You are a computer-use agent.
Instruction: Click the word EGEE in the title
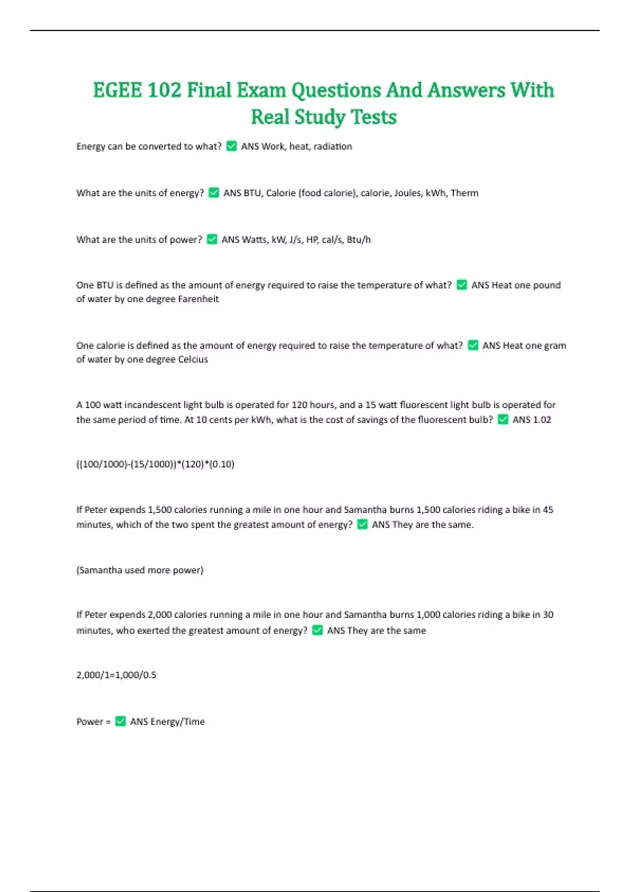(x=117, y=90)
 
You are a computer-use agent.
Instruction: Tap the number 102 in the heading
(x=164, y=90)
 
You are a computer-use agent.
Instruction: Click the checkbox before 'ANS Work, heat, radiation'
(x=232, y=146)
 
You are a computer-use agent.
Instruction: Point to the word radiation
(x=332, y=146)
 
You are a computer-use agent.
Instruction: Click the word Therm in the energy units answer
(x=464, y=193)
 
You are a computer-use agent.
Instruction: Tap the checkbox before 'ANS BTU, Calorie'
(x=214, y=193)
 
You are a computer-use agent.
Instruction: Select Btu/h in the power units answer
(x=359, y=240)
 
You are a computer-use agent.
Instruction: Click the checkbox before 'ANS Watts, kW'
(x=212, y=240)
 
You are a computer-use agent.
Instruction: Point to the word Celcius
(x=193, y=359)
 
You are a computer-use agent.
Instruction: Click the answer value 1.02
(x=540, y=420)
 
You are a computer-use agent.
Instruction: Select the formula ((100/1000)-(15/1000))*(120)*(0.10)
(x=155, y=464)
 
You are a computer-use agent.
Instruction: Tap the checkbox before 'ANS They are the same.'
(x=362, y=525)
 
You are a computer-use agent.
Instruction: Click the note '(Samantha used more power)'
(x=140, y=570)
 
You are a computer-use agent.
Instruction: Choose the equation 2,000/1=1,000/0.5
(x=116, y=675)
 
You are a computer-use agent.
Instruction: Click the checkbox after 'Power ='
(x=120, y=722)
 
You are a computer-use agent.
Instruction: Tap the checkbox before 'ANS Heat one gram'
(x=473, y=346)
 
